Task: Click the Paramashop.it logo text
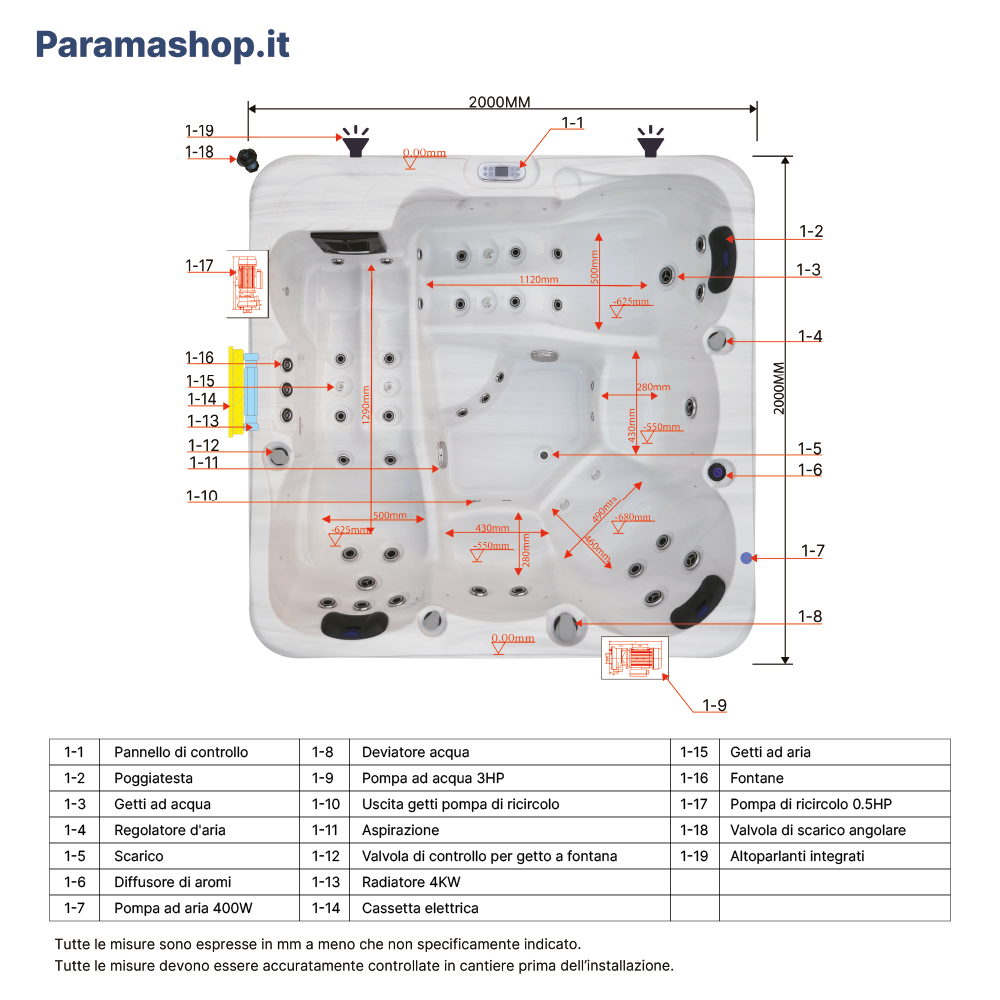pos(162,45)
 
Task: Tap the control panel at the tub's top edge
pos(502,171)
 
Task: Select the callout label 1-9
pos(714,705)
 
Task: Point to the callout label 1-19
pos(199,130)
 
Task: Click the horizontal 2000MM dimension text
pos(499,102)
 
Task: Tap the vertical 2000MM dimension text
pos(780,387)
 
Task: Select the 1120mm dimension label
pos(539,280)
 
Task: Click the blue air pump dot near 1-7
pos(745,557)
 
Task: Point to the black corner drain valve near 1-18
pos(246,158)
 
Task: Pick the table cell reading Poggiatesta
pos(153,778)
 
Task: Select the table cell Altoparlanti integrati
pos(797,856)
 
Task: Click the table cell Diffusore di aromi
pos(172,882)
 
